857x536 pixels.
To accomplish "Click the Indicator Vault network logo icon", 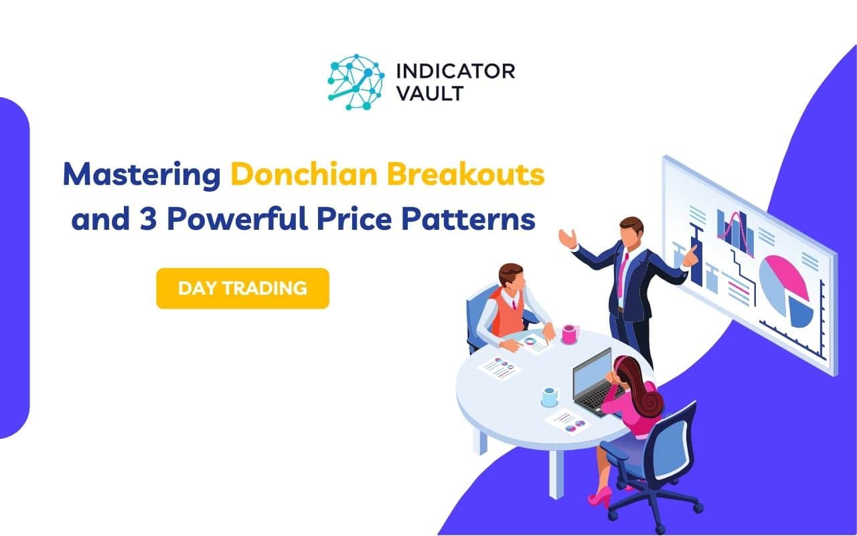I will tap(356, 82).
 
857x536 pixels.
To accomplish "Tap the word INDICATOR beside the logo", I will tap(455, 71).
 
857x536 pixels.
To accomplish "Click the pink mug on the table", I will tap(569, 333).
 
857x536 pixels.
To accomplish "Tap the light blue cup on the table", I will tap(550, 397).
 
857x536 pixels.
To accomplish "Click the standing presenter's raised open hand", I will tap(567, 238).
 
